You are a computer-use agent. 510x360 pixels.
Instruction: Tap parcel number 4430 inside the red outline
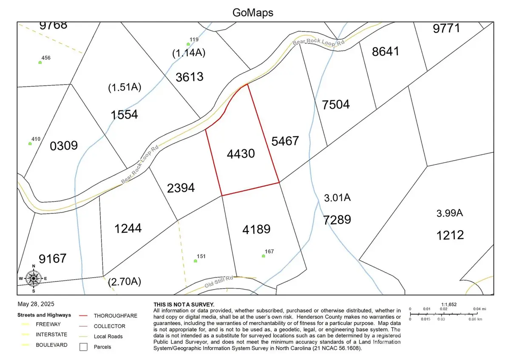[x=241, y=153]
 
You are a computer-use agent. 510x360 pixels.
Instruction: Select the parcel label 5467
[x=285, y=141]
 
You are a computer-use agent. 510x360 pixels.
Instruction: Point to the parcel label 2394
[x=181, y=187]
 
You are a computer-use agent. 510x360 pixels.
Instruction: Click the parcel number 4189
[x=256, y=230]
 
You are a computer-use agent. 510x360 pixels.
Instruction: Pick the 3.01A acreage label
[x=337, y=198]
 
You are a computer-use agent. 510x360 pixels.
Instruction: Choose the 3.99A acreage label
[x=450, y=213]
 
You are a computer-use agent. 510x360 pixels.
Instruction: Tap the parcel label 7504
[x=336, y=104]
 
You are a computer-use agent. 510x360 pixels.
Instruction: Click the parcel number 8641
[x=385, y=51]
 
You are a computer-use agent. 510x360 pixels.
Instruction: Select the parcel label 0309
[x=64, y=146]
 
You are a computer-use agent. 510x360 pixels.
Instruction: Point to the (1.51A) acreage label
[x=125, y=88]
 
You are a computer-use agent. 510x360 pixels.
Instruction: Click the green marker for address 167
[x=263, y=256]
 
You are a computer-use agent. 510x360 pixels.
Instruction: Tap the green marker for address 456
[x=40, y=62]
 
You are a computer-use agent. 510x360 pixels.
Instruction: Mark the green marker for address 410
[x=30, y=144]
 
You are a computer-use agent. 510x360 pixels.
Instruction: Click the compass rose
[x=34, y=278]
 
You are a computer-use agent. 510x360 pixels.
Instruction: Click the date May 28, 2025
[x=36, y=304]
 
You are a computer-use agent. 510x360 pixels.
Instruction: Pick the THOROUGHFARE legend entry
[x=115, y=315]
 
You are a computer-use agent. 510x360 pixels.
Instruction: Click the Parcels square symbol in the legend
[x=84, y=347]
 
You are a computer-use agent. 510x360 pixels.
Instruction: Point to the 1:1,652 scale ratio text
[x=449, y=305]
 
